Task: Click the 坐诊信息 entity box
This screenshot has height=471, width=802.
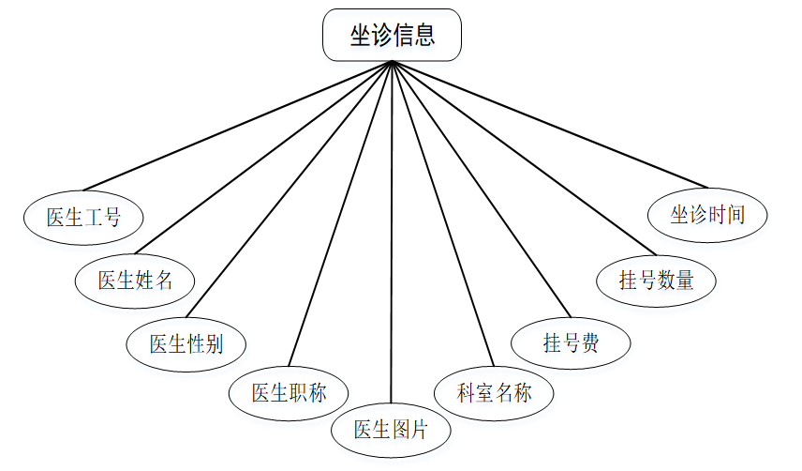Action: tap(392, 36)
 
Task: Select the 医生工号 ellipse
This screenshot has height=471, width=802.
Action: tap(83, 217)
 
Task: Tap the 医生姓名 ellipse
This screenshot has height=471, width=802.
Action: tap(136, 280)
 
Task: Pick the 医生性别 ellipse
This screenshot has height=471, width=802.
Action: tap(186, 343)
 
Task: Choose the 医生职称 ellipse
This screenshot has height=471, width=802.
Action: tap(289, 392)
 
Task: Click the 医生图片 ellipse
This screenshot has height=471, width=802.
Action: tap(391, 431)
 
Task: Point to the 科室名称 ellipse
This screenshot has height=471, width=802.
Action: tap(494, 392)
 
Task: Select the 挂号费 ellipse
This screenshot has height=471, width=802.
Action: tap(571, 343)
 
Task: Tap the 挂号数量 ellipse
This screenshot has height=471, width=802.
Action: tap(656, 280)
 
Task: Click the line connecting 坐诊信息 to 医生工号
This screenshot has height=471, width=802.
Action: tap(234, 126)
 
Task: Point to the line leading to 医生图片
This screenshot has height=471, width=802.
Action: tap(391, 235)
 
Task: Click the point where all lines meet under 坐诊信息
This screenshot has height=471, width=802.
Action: tap(392, 62)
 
